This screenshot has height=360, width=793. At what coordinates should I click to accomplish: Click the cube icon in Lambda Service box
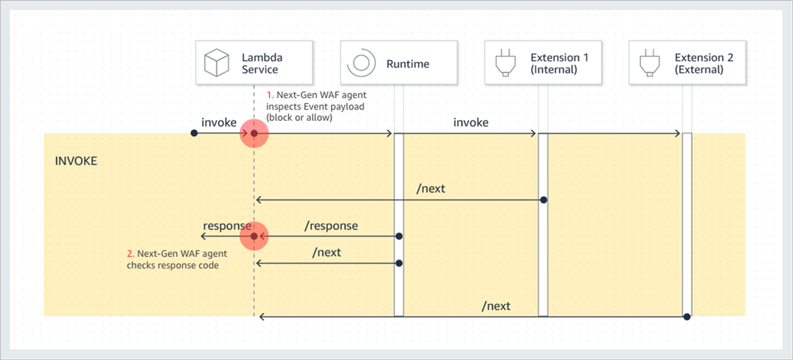point(217,63)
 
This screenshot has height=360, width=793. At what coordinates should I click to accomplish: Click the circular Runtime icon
point(361,63)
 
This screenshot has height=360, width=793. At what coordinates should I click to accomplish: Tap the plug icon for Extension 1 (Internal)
point(505,63)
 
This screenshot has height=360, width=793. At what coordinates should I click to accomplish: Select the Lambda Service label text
point(261,63)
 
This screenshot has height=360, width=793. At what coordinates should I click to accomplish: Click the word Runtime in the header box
point(408,64)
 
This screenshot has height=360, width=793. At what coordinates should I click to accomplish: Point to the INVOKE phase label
point(76,161)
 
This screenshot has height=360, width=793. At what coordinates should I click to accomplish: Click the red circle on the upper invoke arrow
point(254,133)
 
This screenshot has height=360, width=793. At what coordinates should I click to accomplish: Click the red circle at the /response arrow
point(254,236)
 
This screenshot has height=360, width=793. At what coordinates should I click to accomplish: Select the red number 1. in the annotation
point(270,95)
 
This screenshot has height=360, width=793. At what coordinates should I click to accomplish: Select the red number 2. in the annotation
point(130,254)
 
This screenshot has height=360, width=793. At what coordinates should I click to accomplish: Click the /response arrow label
point(331,226)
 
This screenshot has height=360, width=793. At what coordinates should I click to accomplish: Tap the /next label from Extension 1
point(431,189)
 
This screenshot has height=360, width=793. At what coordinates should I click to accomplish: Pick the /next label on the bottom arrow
point(495,306)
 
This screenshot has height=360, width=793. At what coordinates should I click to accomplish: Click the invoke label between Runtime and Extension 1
point(470,123)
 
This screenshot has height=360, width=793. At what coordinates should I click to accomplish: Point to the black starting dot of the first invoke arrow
point(194,133)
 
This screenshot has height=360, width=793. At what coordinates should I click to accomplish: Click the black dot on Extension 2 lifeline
point(687,317)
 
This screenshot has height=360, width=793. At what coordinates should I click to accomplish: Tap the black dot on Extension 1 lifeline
point(543,200)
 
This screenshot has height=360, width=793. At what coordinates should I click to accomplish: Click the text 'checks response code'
point(173,265)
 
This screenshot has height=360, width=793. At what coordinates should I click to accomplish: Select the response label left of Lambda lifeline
point(226,226)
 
